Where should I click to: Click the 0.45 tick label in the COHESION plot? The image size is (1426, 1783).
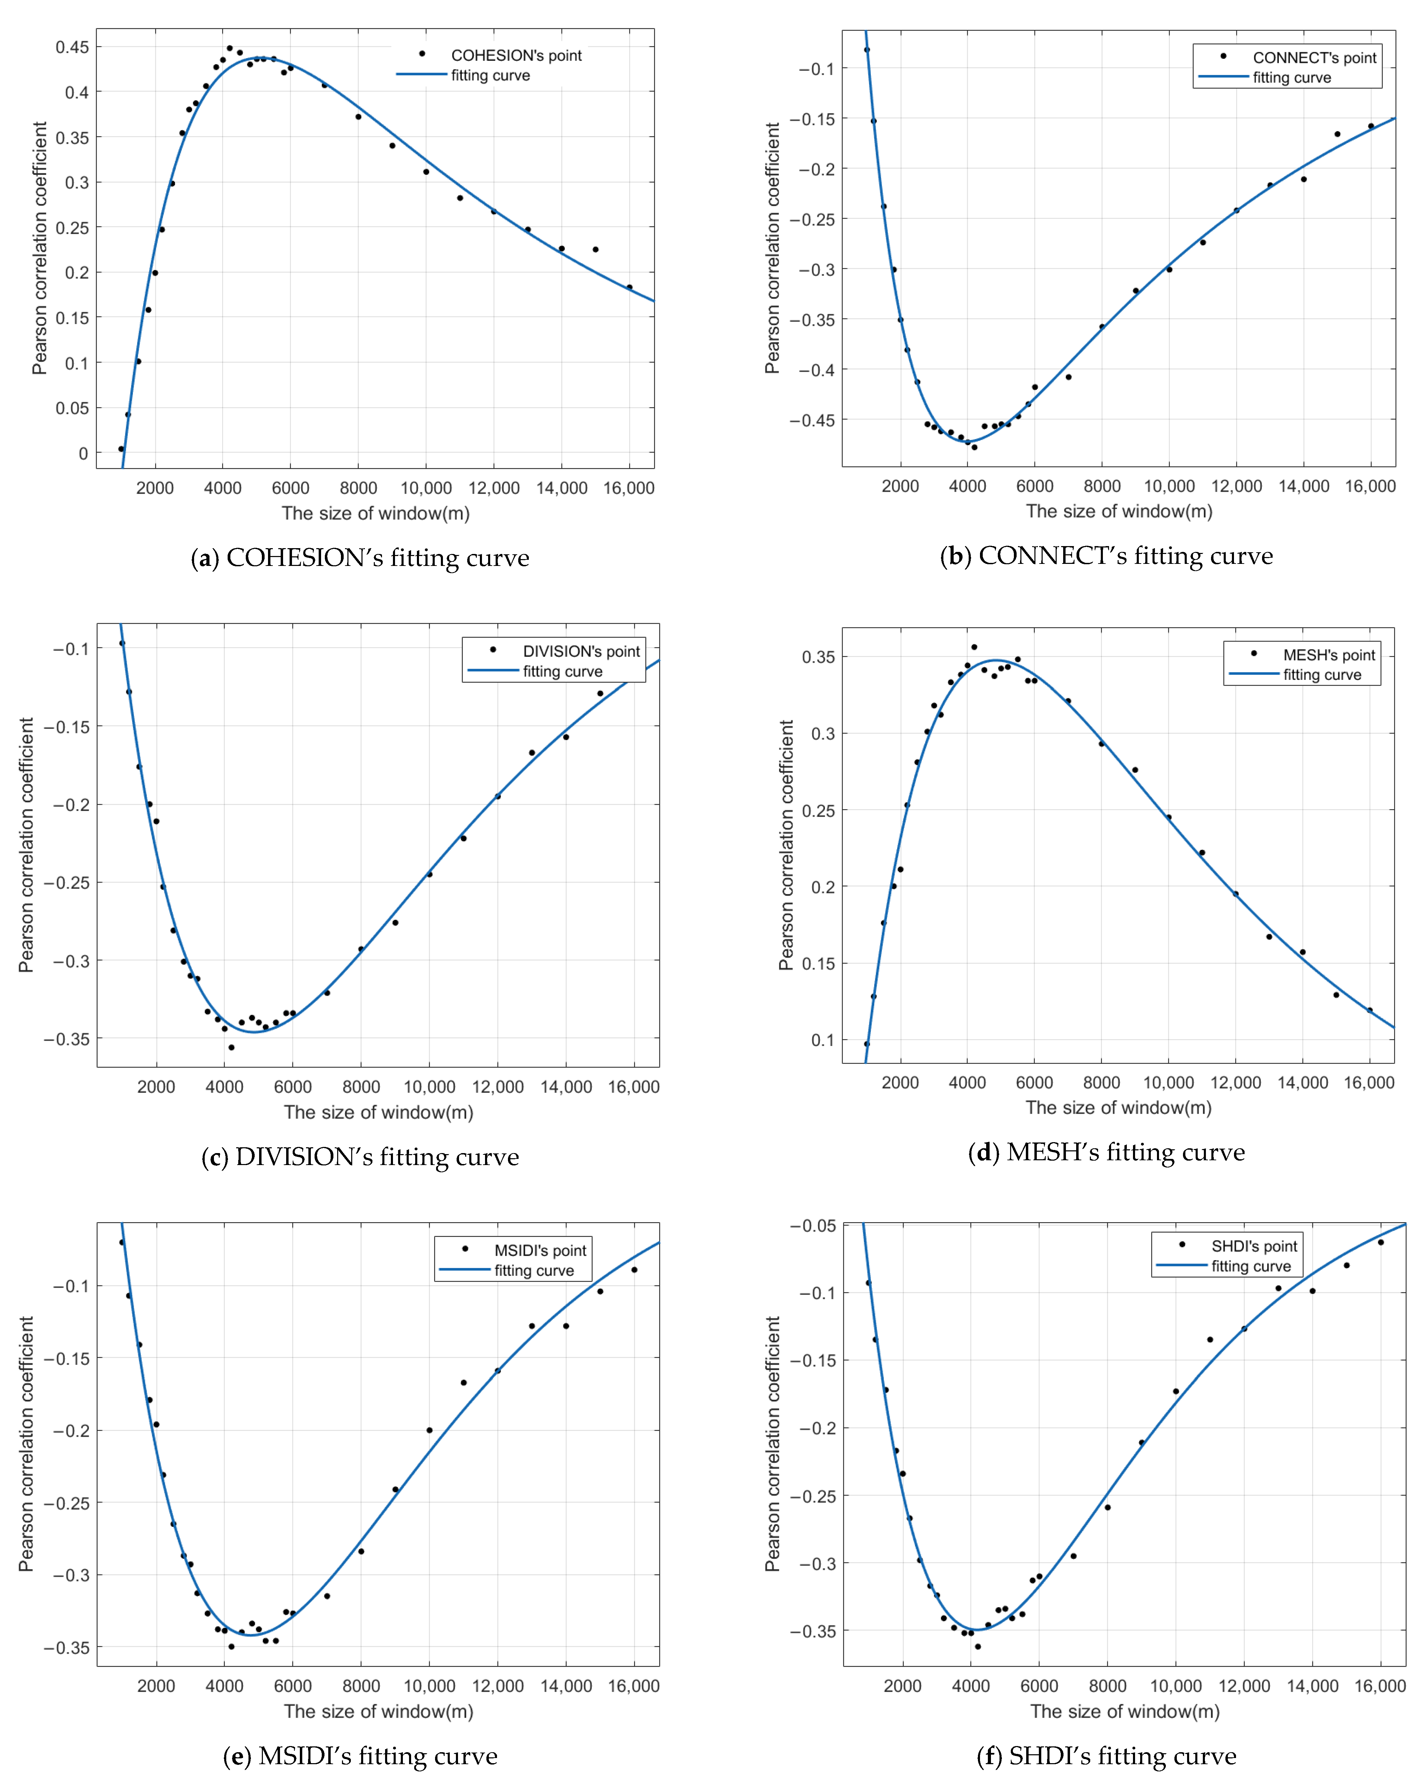72,47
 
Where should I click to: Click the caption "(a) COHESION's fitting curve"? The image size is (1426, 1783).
360,558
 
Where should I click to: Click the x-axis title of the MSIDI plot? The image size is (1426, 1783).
378,1711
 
